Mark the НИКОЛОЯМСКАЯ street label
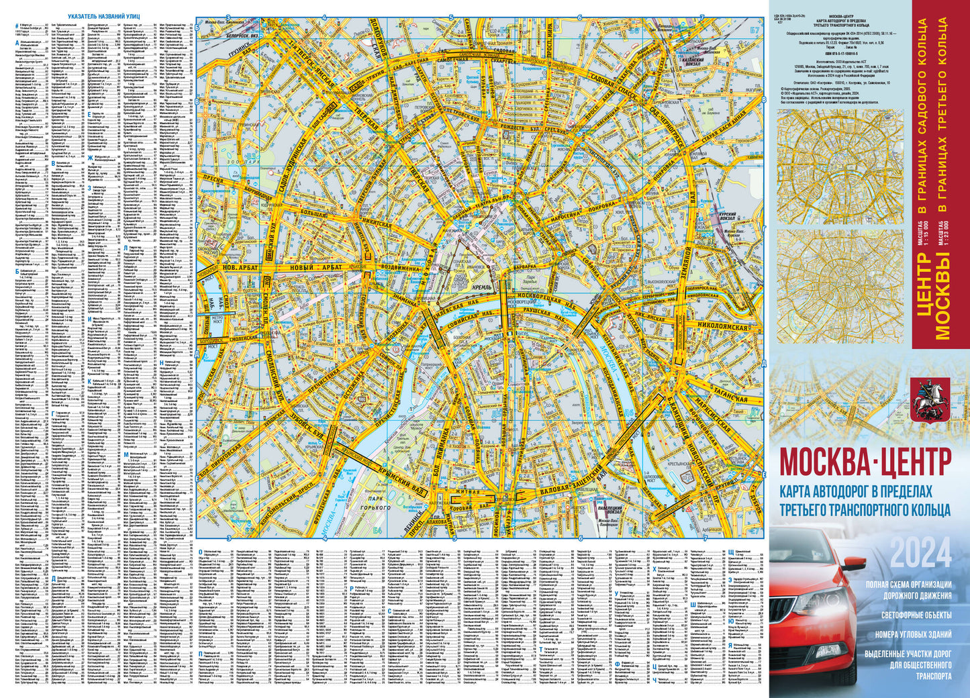click(x=722, y=327)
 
